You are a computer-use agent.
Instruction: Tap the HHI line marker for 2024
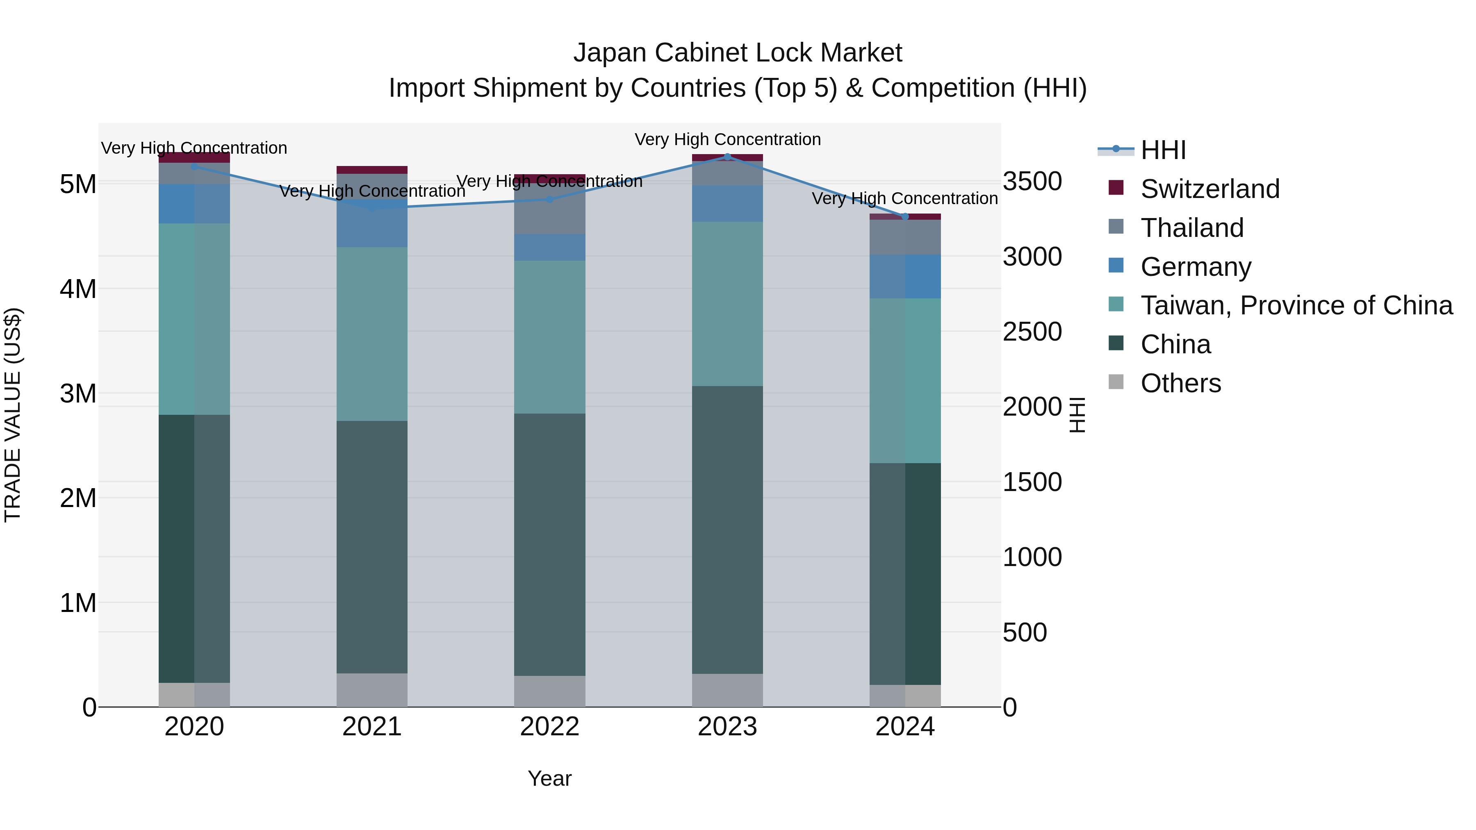905,216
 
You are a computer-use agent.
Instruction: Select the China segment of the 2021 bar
372,547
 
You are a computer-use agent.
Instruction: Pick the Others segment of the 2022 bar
549,691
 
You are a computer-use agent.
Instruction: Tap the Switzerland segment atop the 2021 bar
372,170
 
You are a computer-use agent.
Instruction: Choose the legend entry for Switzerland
1209,189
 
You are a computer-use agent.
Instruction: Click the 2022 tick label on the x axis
549,727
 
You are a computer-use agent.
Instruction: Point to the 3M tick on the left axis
78,393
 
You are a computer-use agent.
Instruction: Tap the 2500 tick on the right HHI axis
1032,332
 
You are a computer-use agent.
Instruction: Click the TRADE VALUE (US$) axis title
13,415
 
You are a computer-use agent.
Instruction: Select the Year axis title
549,778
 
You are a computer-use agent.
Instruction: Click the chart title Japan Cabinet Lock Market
738,53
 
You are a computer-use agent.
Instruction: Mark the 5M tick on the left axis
78,184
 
